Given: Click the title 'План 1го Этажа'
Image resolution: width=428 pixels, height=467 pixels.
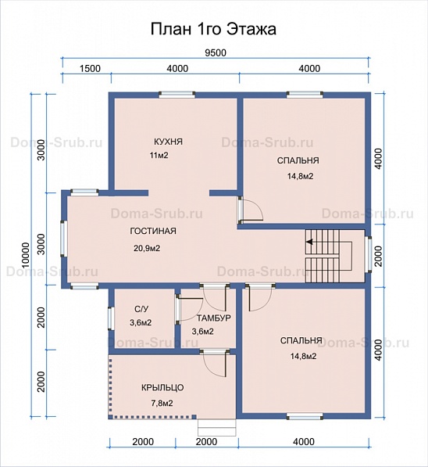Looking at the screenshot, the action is tap(213, 29).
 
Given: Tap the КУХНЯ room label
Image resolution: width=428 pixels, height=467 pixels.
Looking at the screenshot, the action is tap(169, 142).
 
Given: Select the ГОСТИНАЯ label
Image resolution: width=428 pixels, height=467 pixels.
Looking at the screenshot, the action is tap(153, 231).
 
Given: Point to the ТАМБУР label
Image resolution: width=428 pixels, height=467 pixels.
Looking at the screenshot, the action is tap(213, 318).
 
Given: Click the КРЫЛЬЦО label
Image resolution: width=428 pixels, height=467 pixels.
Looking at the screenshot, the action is tap(162, 388).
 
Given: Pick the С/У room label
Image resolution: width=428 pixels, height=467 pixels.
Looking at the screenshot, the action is tap(141, 309).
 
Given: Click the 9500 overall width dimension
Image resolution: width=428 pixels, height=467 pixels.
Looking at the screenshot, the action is tap(216, 52).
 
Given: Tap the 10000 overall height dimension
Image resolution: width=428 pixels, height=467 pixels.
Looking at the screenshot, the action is tap(26, 255).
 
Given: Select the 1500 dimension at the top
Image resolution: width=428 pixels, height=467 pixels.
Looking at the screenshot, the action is tap(90, 69).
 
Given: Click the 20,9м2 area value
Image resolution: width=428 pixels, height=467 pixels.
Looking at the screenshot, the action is tap(147, 248).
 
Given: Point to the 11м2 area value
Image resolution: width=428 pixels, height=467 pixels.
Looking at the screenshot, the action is tap(159, 155).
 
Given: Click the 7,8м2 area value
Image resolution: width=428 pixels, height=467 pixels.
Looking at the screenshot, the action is tap(162, 404).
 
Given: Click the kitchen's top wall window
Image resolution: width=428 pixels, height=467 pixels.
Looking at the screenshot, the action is tap(177, 95).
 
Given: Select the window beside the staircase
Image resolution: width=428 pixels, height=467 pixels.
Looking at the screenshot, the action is tap(368, 255).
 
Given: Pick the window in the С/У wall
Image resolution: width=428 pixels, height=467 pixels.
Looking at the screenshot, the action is tap(111, 318).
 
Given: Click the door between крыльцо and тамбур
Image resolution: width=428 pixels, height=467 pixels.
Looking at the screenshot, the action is tap(215, 361).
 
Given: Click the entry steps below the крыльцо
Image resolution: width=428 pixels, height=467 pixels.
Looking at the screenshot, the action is tap(217, 428).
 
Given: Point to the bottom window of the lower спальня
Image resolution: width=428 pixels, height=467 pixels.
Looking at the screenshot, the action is tap(305, 416).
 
